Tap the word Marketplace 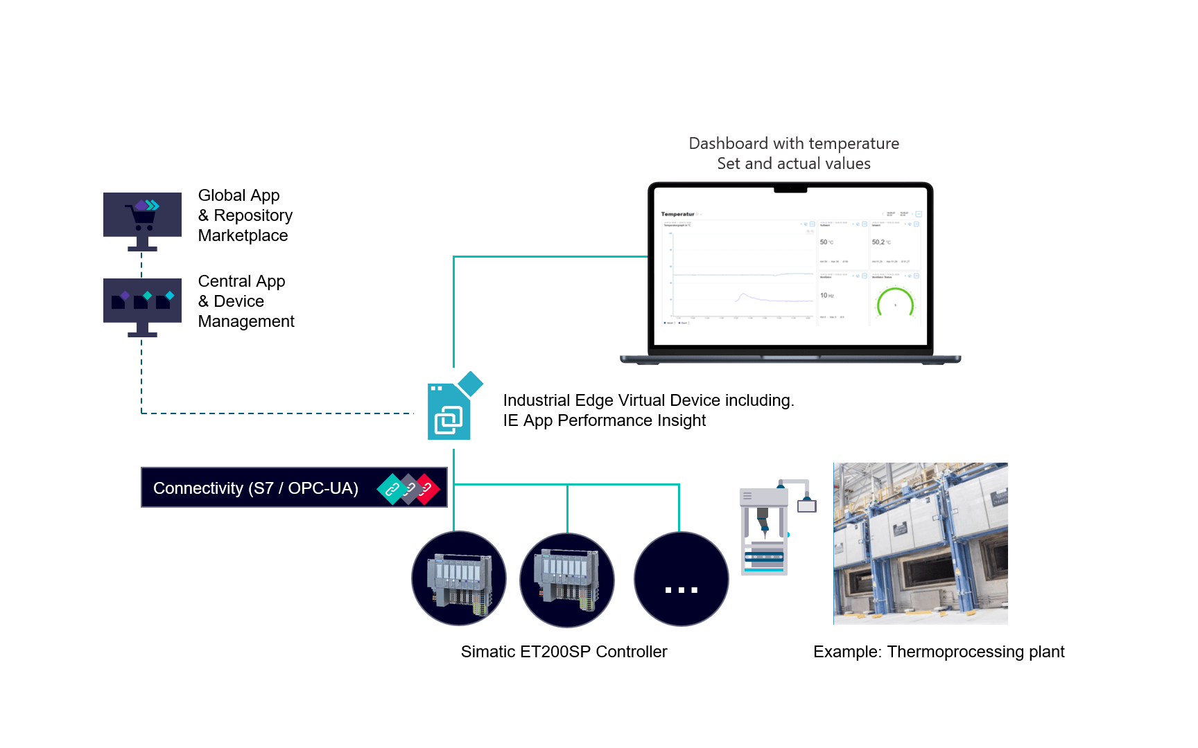[243, 236]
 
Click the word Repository [253, 216]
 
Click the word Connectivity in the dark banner [198, 489]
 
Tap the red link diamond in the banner [426, 489]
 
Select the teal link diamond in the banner [392, 489]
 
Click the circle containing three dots [681, 580]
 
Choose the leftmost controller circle [459, 579]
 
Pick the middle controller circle [567, 580]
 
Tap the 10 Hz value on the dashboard [826, 296]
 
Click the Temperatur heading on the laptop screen [677, 214]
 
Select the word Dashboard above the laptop [728, 144]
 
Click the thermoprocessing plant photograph [920, 544]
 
